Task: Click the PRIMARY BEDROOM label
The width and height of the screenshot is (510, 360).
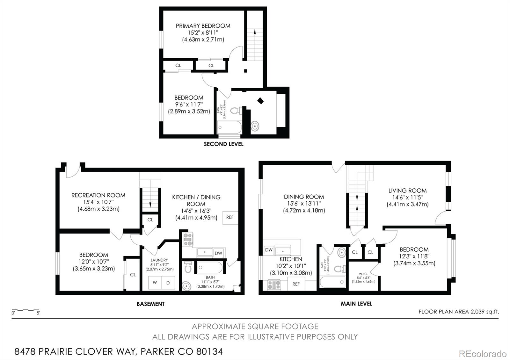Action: (203, 26)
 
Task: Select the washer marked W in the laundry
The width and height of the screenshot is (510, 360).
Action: (155, 283)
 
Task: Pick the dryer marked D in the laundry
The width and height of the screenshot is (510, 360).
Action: (168, 283)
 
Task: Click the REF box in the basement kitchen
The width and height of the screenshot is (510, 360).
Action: (230, 217)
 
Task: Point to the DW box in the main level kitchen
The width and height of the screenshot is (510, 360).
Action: (269, 250)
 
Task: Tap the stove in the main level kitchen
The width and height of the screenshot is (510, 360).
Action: (274, 284)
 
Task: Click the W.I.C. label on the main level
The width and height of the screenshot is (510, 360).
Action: (363, 274)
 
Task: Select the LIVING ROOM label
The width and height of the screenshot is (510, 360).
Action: (407, 191)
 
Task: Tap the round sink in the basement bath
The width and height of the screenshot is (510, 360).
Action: (186, 285)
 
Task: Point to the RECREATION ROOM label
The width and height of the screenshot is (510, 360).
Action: (98, 195)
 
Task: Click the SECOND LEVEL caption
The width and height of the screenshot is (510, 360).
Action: (223, 144)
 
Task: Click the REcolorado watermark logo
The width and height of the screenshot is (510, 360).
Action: (482, 354)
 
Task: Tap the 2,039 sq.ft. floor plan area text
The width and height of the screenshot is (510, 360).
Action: (484, 312)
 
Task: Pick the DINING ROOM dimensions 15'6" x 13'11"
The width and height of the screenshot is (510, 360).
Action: (304, 204)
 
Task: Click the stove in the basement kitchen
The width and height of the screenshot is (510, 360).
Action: (187, 239)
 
